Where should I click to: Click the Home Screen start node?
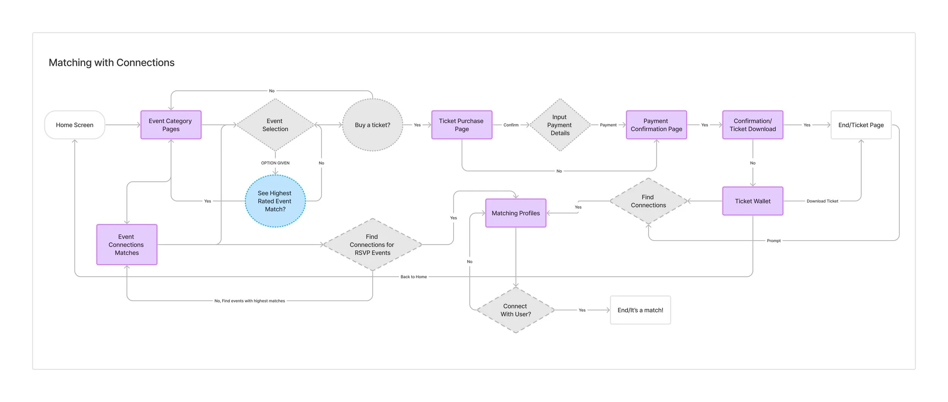(x=75, y=125)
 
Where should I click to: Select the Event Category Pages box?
(x=171, y=125)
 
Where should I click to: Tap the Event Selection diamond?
(x=275, y=125)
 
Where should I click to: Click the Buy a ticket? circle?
(x=373, y=125)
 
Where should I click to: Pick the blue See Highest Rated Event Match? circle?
(x=275, y=201)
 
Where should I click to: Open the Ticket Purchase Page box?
(x=462, y=125)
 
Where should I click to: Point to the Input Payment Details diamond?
(x=560, y=125)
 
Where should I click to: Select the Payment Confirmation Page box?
(x=656, y=125)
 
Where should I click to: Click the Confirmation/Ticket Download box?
(x=753, y=125)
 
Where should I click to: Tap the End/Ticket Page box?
(x=861, y=125)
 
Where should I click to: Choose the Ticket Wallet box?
(x=753, y=201)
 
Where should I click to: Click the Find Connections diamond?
(x=648, y=201)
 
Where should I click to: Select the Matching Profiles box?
(x=516, y=213)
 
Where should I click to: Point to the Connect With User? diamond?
(x=516, y=310)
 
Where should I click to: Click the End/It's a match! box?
(x=640, y=310)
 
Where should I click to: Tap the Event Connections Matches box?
(x=127, y=244)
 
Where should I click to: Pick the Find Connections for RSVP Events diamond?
(x=372, y=244)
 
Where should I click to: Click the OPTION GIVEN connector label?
(x=275, y=163)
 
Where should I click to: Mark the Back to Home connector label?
(x=414, y=277)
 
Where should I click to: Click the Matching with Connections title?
(x=111, y=63)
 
